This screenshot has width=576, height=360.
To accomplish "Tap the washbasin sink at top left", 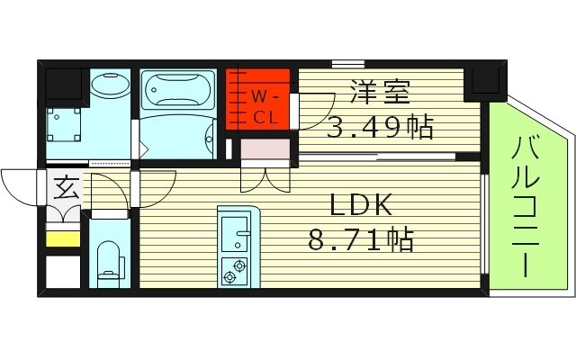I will (x=110, y=87).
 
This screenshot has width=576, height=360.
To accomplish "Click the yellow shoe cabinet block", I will (x=63, y=239).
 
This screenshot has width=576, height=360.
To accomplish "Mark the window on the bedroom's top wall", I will (x=343, y=63).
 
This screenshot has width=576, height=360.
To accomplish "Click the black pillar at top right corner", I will (x=487, y=83).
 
